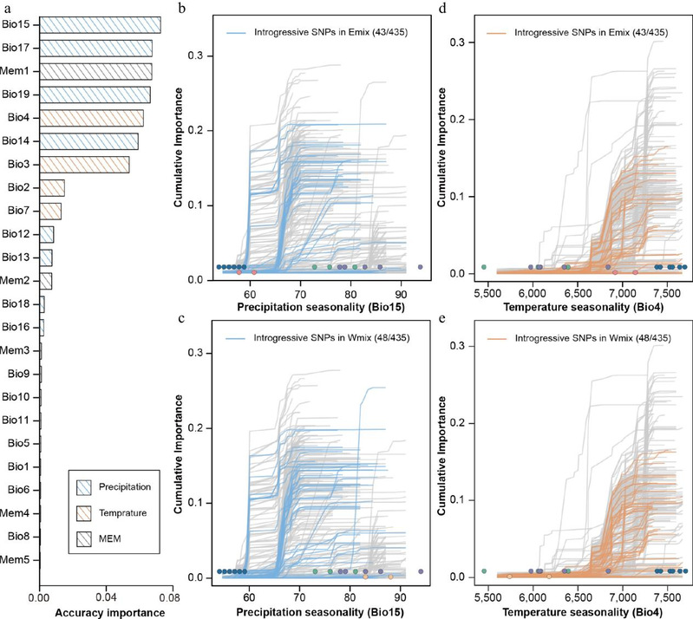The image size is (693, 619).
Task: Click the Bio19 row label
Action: pos(19,94)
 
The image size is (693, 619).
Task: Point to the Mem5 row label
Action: pos(17,559)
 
